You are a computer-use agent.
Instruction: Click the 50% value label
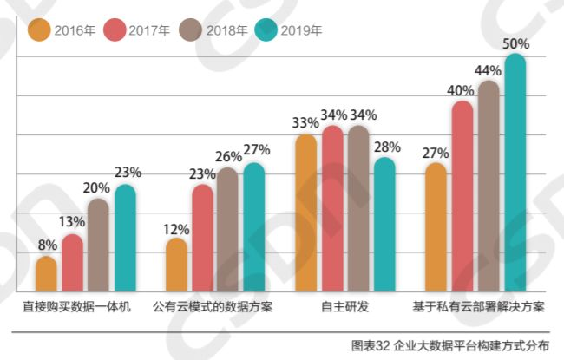coord(515,43)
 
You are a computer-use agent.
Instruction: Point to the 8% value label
coord(47,245)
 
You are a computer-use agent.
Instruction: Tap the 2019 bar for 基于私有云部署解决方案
coord(515,173)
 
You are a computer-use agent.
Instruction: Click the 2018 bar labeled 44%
coord(489,187)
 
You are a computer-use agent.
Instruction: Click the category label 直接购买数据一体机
coord(77,308)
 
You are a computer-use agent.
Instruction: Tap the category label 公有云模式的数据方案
coord(213,308)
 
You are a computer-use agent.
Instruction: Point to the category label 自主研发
coord(345,308)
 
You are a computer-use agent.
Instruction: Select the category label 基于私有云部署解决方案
coord(479,308)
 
